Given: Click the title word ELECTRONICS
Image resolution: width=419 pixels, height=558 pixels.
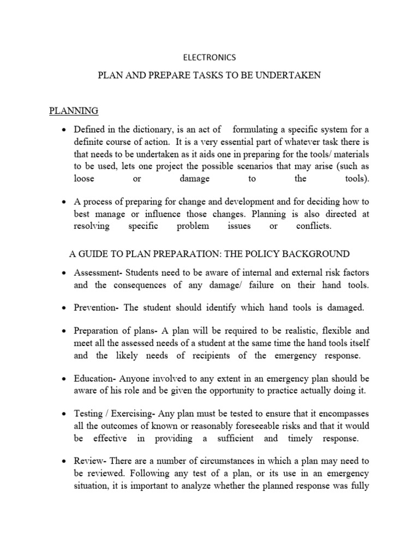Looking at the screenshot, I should [209, 57].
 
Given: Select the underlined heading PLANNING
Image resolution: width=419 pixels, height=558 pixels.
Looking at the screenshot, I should [74, 111].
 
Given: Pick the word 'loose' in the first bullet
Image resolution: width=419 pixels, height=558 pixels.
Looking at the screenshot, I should [85, 179].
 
